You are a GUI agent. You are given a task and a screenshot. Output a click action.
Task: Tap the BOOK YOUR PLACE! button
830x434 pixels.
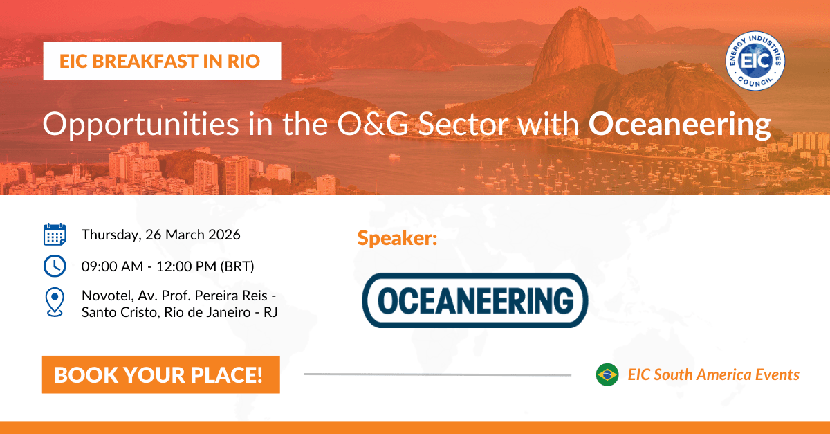coord(160,374)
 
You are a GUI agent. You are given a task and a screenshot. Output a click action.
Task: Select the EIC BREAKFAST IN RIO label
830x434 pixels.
coord(161,61)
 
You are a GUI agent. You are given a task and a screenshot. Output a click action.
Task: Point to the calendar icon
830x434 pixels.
coord(55,235)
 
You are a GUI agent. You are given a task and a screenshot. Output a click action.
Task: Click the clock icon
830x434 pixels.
coord(55,265)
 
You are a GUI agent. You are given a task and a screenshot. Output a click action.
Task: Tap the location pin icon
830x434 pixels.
coord(55,302)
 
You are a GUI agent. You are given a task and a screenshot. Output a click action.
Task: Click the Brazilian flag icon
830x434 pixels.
coord(607,374)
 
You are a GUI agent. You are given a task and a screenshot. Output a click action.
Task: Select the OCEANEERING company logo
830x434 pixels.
coord(474,300)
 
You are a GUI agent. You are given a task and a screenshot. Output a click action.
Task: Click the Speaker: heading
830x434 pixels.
coord(398,238)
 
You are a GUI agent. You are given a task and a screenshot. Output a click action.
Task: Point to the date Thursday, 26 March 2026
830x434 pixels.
coord(160,235)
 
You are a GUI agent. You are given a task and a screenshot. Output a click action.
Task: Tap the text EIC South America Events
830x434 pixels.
coord(713,374)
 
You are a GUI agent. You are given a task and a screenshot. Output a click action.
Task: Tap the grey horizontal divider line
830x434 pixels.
coord(437,374)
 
